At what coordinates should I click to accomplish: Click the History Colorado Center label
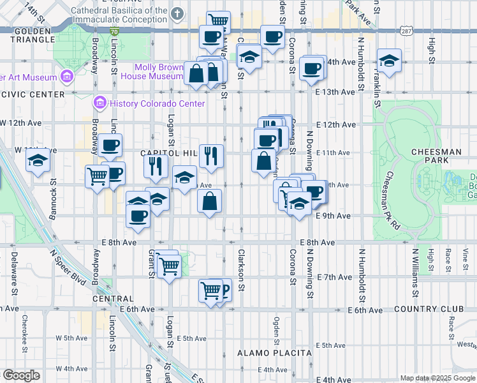pos(157,103)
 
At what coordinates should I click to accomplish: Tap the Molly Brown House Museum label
pos(159,71)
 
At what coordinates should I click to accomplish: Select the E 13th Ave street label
pos(335,92)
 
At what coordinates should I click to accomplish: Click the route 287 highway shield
pos(407,31)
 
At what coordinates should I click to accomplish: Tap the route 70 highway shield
pos(114,31)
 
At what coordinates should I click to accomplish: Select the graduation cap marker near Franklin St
pos(389,61)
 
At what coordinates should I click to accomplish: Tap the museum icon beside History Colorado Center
pos(99,103)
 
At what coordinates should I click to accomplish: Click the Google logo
pos(21,375)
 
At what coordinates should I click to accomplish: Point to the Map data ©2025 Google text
pos(437,378)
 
